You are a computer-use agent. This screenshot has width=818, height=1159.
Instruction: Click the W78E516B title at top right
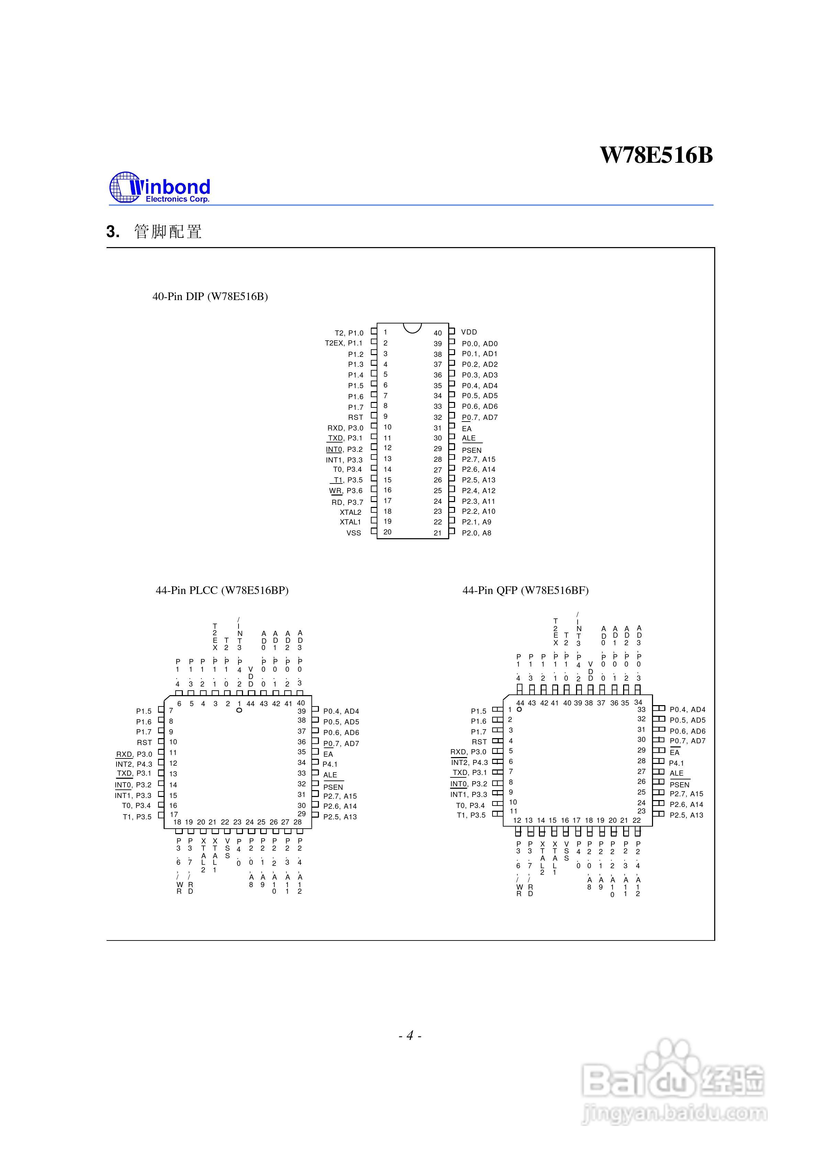point(656,155)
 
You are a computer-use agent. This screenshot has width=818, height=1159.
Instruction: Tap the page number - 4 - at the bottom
point(409,1036)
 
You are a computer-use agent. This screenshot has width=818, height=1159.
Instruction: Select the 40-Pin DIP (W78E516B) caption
point(210,296)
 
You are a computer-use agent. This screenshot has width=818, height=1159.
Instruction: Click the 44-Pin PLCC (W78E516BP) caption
point(222,590)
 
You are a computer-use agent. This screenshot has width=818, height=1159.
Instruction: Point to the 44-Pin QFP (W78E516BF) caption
point(526,590)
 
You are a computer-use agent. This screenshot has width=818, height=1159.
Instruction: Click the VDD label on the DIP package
point(469,332)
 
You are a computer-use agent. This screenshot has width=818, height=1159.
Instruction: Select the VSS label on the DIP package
point(354,533)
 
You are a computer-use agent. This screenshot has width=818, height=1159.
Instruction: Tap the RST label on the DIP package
point(355,417)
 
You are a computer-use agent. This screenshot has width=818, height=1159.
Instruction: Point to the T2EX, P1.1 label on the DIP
point(343,343)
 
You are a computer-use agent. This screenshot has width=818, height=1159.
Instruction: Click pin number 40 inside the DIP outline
point(438,333)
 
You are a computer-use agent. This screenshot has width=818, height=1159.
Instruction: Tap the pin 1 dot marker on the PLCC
point(239,710)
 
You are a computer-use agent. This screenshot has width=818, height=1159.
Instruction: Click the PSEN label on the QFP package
point(679,785)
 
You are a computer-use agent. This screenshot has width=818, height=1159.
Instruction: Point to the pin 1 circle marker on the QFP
point(519,709)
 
